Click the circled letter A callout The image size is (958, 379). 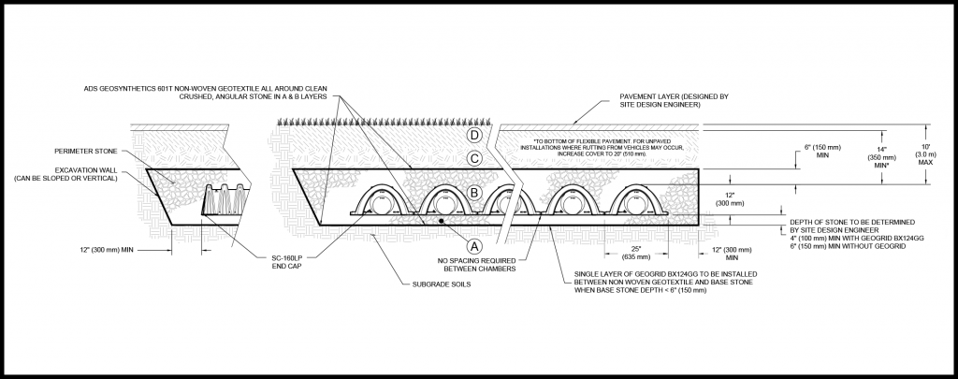tap(474, 246)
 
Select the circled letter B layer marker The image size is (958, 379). tap(474, 194)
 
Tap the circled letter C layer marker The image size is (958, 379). tap(474, 159)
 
